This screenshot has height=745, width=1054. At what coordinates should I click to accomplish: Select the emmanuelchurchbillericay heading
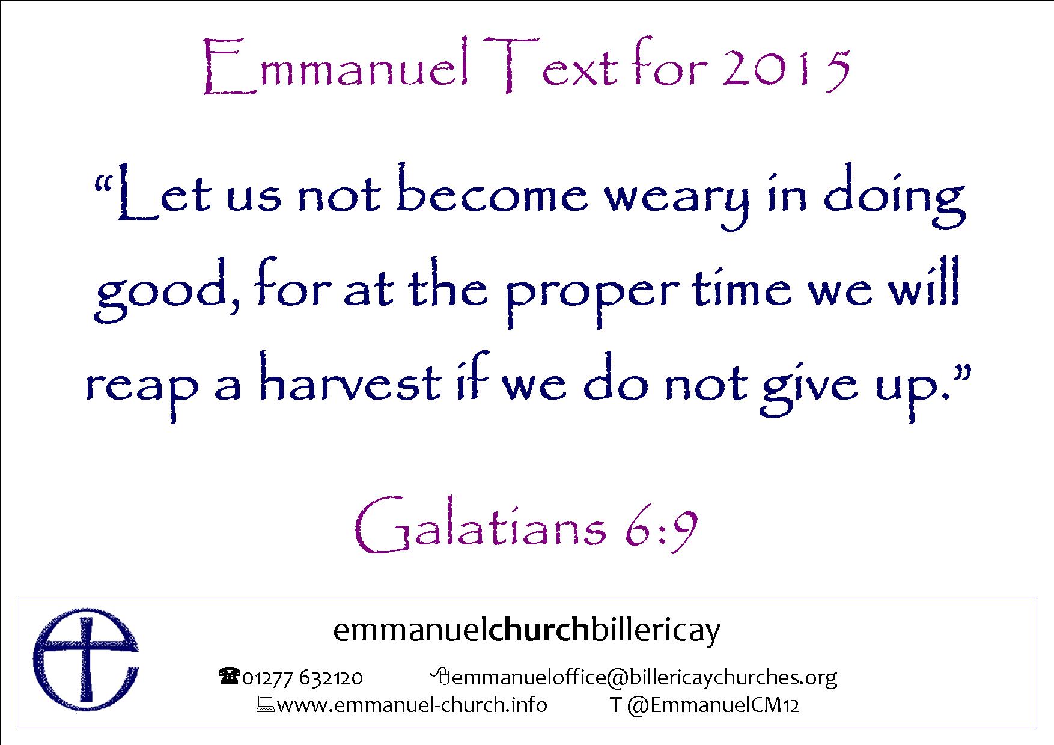point(526,631)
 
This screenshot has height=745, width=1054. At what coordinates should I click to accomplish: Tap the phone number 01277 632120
point(302,678)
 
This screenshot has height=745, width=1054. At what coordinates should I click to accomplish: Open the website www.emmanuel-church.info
point(412,704)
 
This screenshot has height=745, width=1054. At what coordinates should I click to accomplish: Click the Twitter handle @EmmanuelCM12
point(713,705)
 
